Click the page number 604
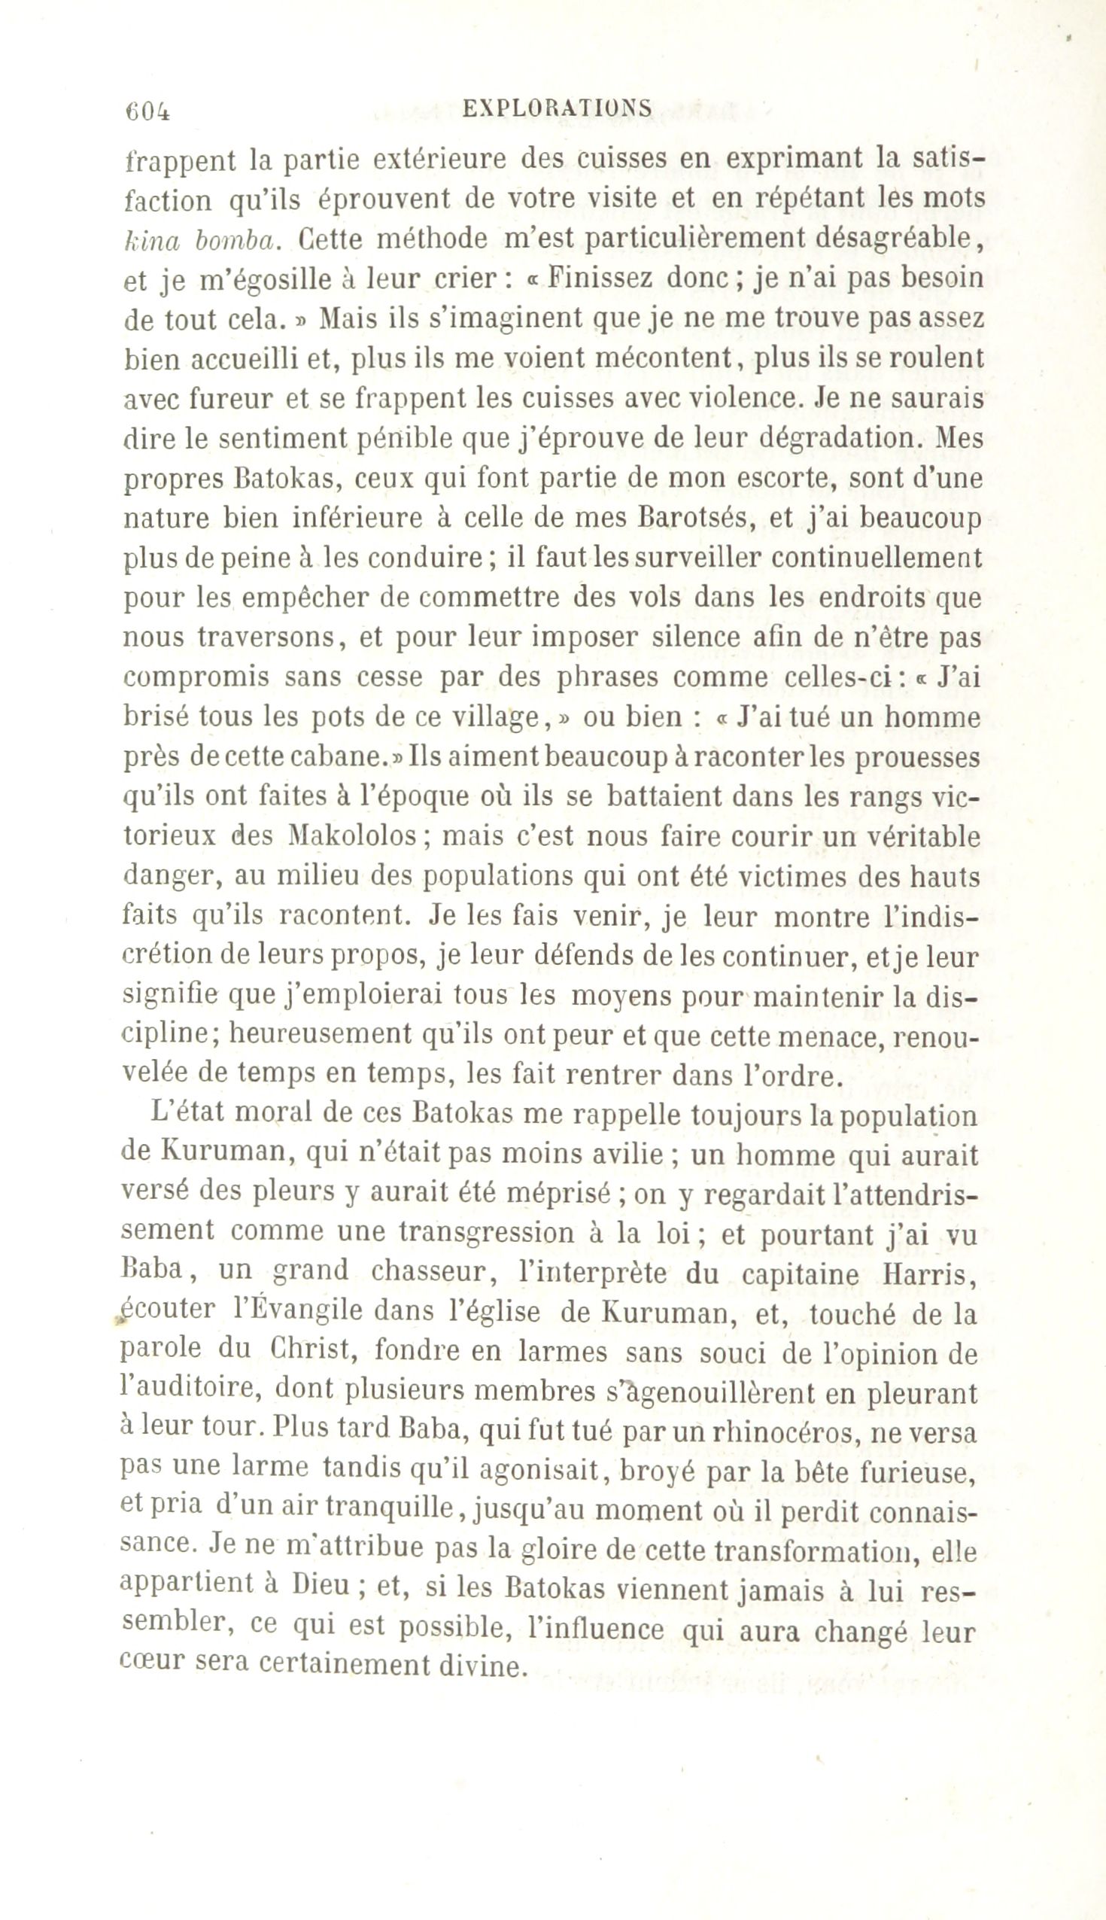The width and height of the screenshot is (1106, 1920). pyautogui.click(x=147, y=111)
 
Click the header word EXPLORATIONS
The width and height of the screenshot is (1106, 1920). pyautogui.click(x=557, y=108)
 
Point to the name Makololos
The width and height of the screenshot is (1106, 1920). pyautogui.click(x=354, y=836)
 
